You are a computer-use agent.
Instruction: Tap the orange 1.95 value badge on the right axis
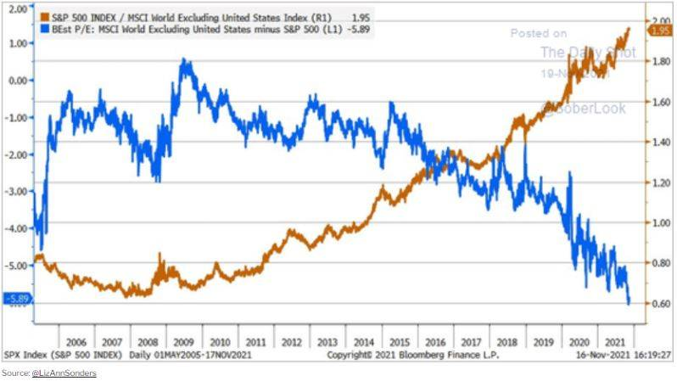point(660,31)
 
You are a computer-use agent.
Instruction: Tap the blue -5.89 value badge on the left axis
point(17,298)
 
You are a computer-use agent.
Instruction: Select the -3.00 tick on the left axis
point(17,192)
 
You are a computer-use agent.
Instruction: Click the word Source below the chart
point(14,373)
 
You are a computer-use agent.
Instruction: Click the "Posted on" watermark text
point(538,33)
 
